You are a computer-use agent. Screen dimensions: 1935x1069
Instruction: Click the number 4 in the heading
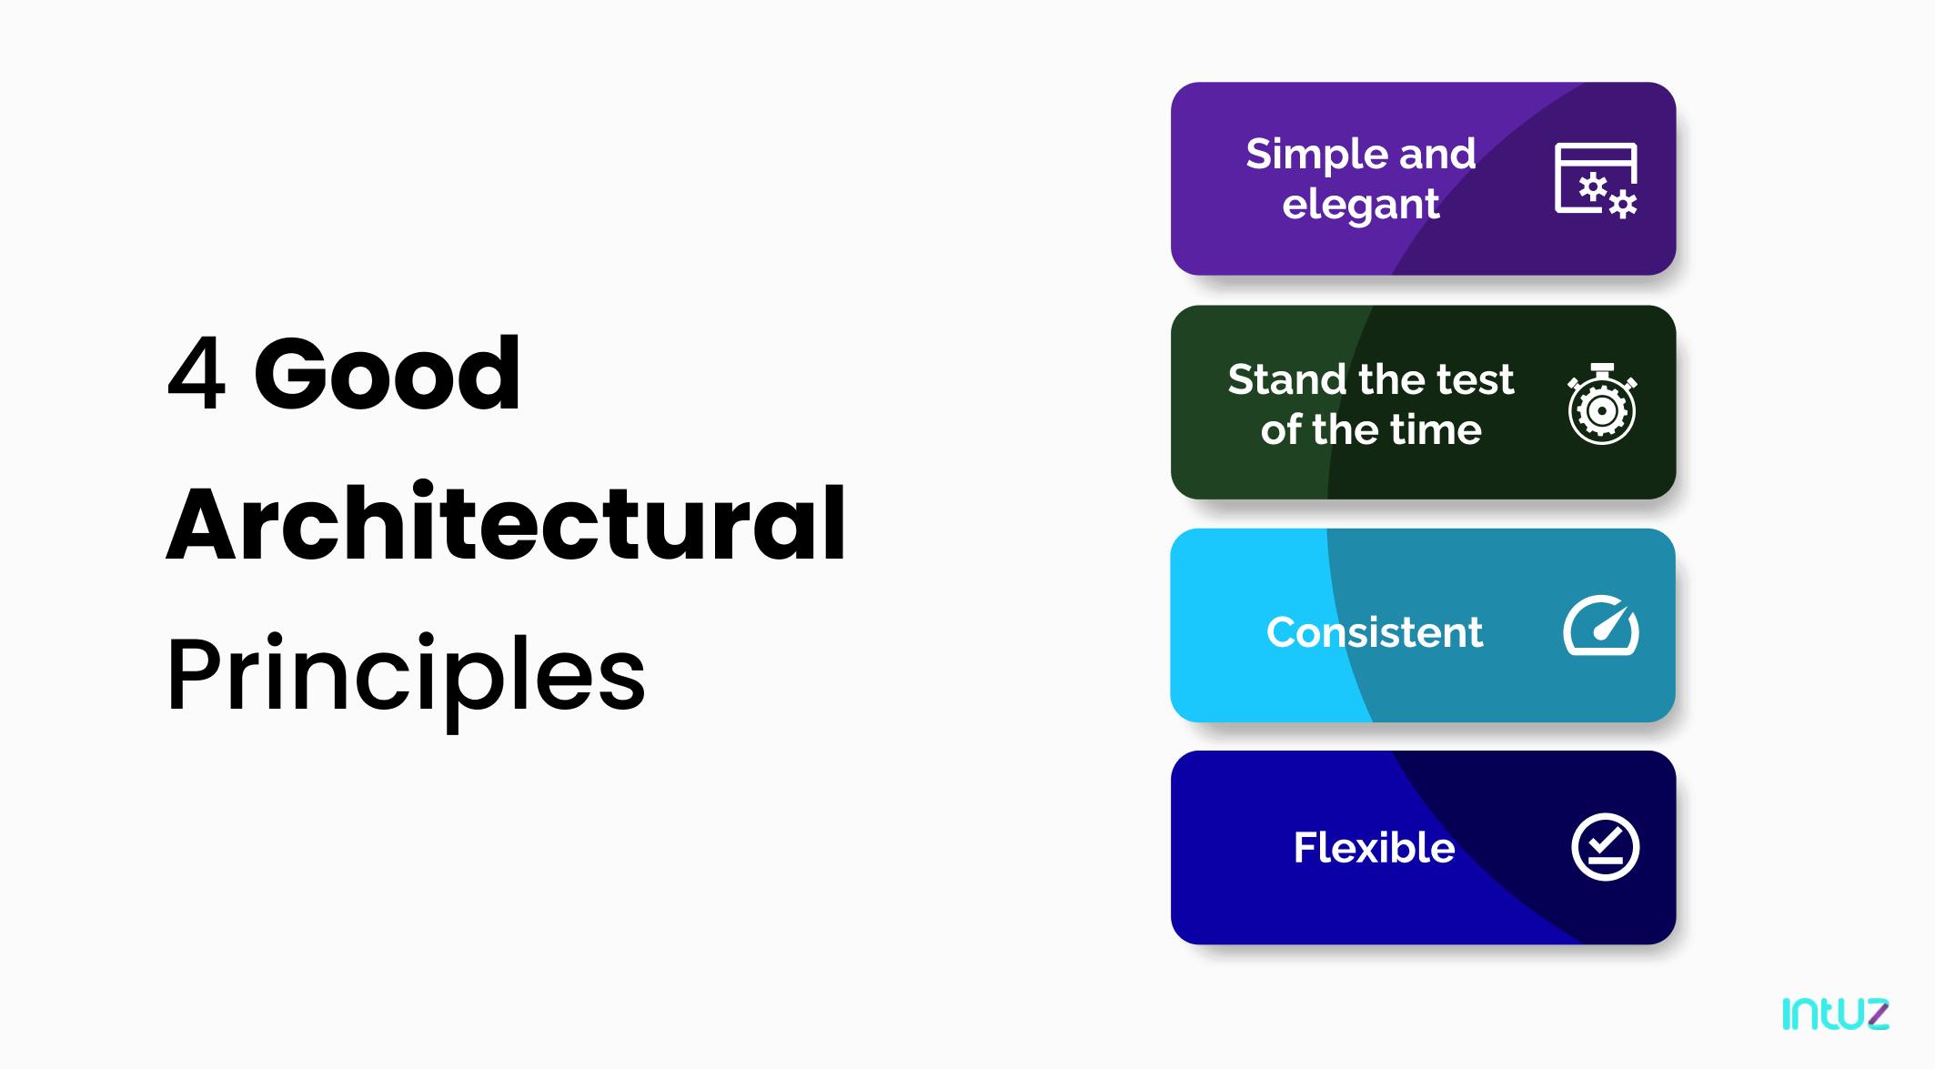click(x=196, y=373)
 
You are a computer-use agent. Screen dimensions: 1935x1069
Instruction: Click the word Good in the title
click(x=387, y=373)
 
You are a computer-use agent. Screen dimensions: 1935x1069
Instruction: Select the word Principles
click(x=406, y=678)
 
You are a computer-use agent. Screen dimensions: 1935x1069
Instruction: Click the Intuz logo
click(x=1835, y=1014)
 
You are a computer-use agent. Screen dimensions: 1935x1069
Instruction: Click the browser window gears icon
click(x=1596, y=179)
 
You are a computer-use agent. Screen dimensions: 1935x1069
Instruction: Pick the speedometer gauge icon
click(x=1601, y=625)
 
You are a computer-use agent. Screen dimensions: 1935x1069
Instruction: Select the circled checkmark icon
click(x=1606, y=847)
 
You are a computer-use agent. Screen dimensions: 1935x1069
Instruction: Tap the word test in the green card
click(x=1476, y=379)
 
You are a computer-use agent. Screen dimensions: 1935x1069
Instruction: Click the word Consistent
click(x=1375, y=632)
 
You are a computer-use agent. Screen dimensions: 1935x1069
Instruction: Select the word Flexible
click(x=1374, y=848)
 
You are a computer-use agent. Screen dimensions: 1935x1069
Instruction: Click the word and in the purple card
click(x=1437, y=154)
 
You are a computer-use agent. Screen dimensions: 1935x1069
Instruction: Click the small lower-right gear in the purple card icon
click(x=1623, y=205)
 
